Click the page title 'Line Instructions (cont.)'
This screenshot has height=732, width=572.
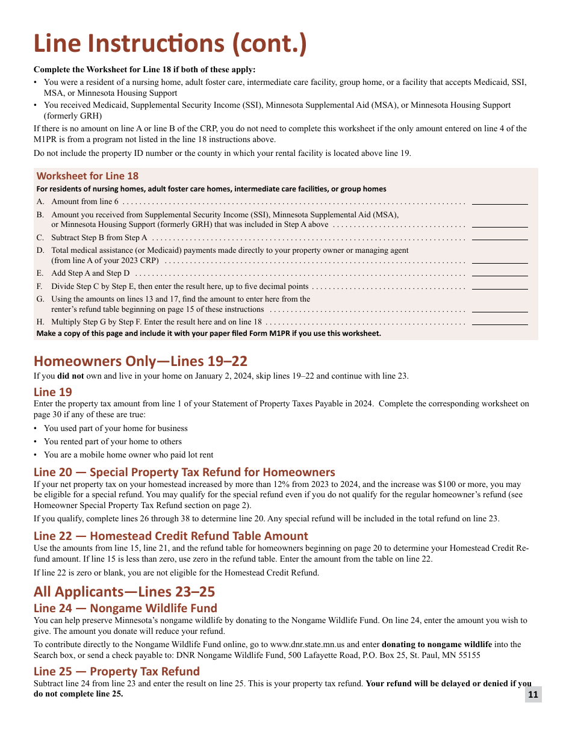click(x=170, y=44)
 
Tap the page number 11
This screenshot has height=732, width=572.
click(x=533, y=694)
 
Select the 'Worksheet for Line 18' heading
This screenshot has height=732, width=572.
click(x=87, y=176)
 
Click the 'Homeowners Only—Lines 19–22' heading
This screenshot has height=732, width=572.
click(x=140, y=361)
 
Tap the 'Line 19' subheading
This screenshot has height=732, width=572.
click(x=53, y=392)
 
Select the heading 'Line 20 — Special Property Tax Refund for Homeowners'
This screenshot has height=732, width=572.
click(x=184, y=472)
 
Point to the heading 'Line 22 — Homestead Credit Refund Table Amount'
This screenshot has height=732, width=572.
click(x=170, y=536)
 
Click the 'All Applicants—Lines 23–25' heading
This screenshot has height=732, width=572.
click(x=124, y=591)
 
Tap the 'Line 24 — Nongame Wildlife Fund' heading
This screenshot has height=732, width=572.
click(x=125, y=608)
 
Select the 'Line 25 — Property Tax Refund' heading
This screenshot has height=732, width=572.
click(x=116, y=671)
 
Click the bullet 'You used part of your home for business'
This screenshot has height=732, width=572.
click(x=116, y=429)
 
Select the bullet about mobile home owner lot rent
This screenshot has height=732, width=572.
click(x=128, y=455)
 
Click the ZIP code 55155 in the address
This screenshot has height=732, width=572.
click(x=468, y=655)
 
